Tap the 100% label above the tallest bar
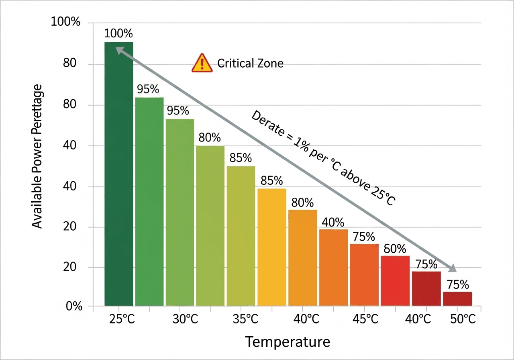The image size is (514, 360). pyautogui.click(x=118, y=34)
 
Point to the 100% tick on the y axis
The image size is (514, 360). pyautogui.click(x=66, y=22)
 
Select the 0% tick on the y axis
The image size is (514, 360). pyautogui.click(x=73, y=307)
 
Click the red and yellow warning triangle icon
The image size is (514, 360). pyautogui.click(x=202, y=63)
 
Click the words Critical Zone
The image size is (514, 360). pyautogui.click(x=250, y=63)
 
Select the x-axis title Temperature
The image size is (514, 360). pyautogui.click(x=288, y=342)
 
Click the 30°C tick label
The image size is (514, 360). pyautogui.click(x=185, y=319)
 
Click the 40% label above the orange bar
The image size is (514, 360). pyautogui.click(x=333, y=222)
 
